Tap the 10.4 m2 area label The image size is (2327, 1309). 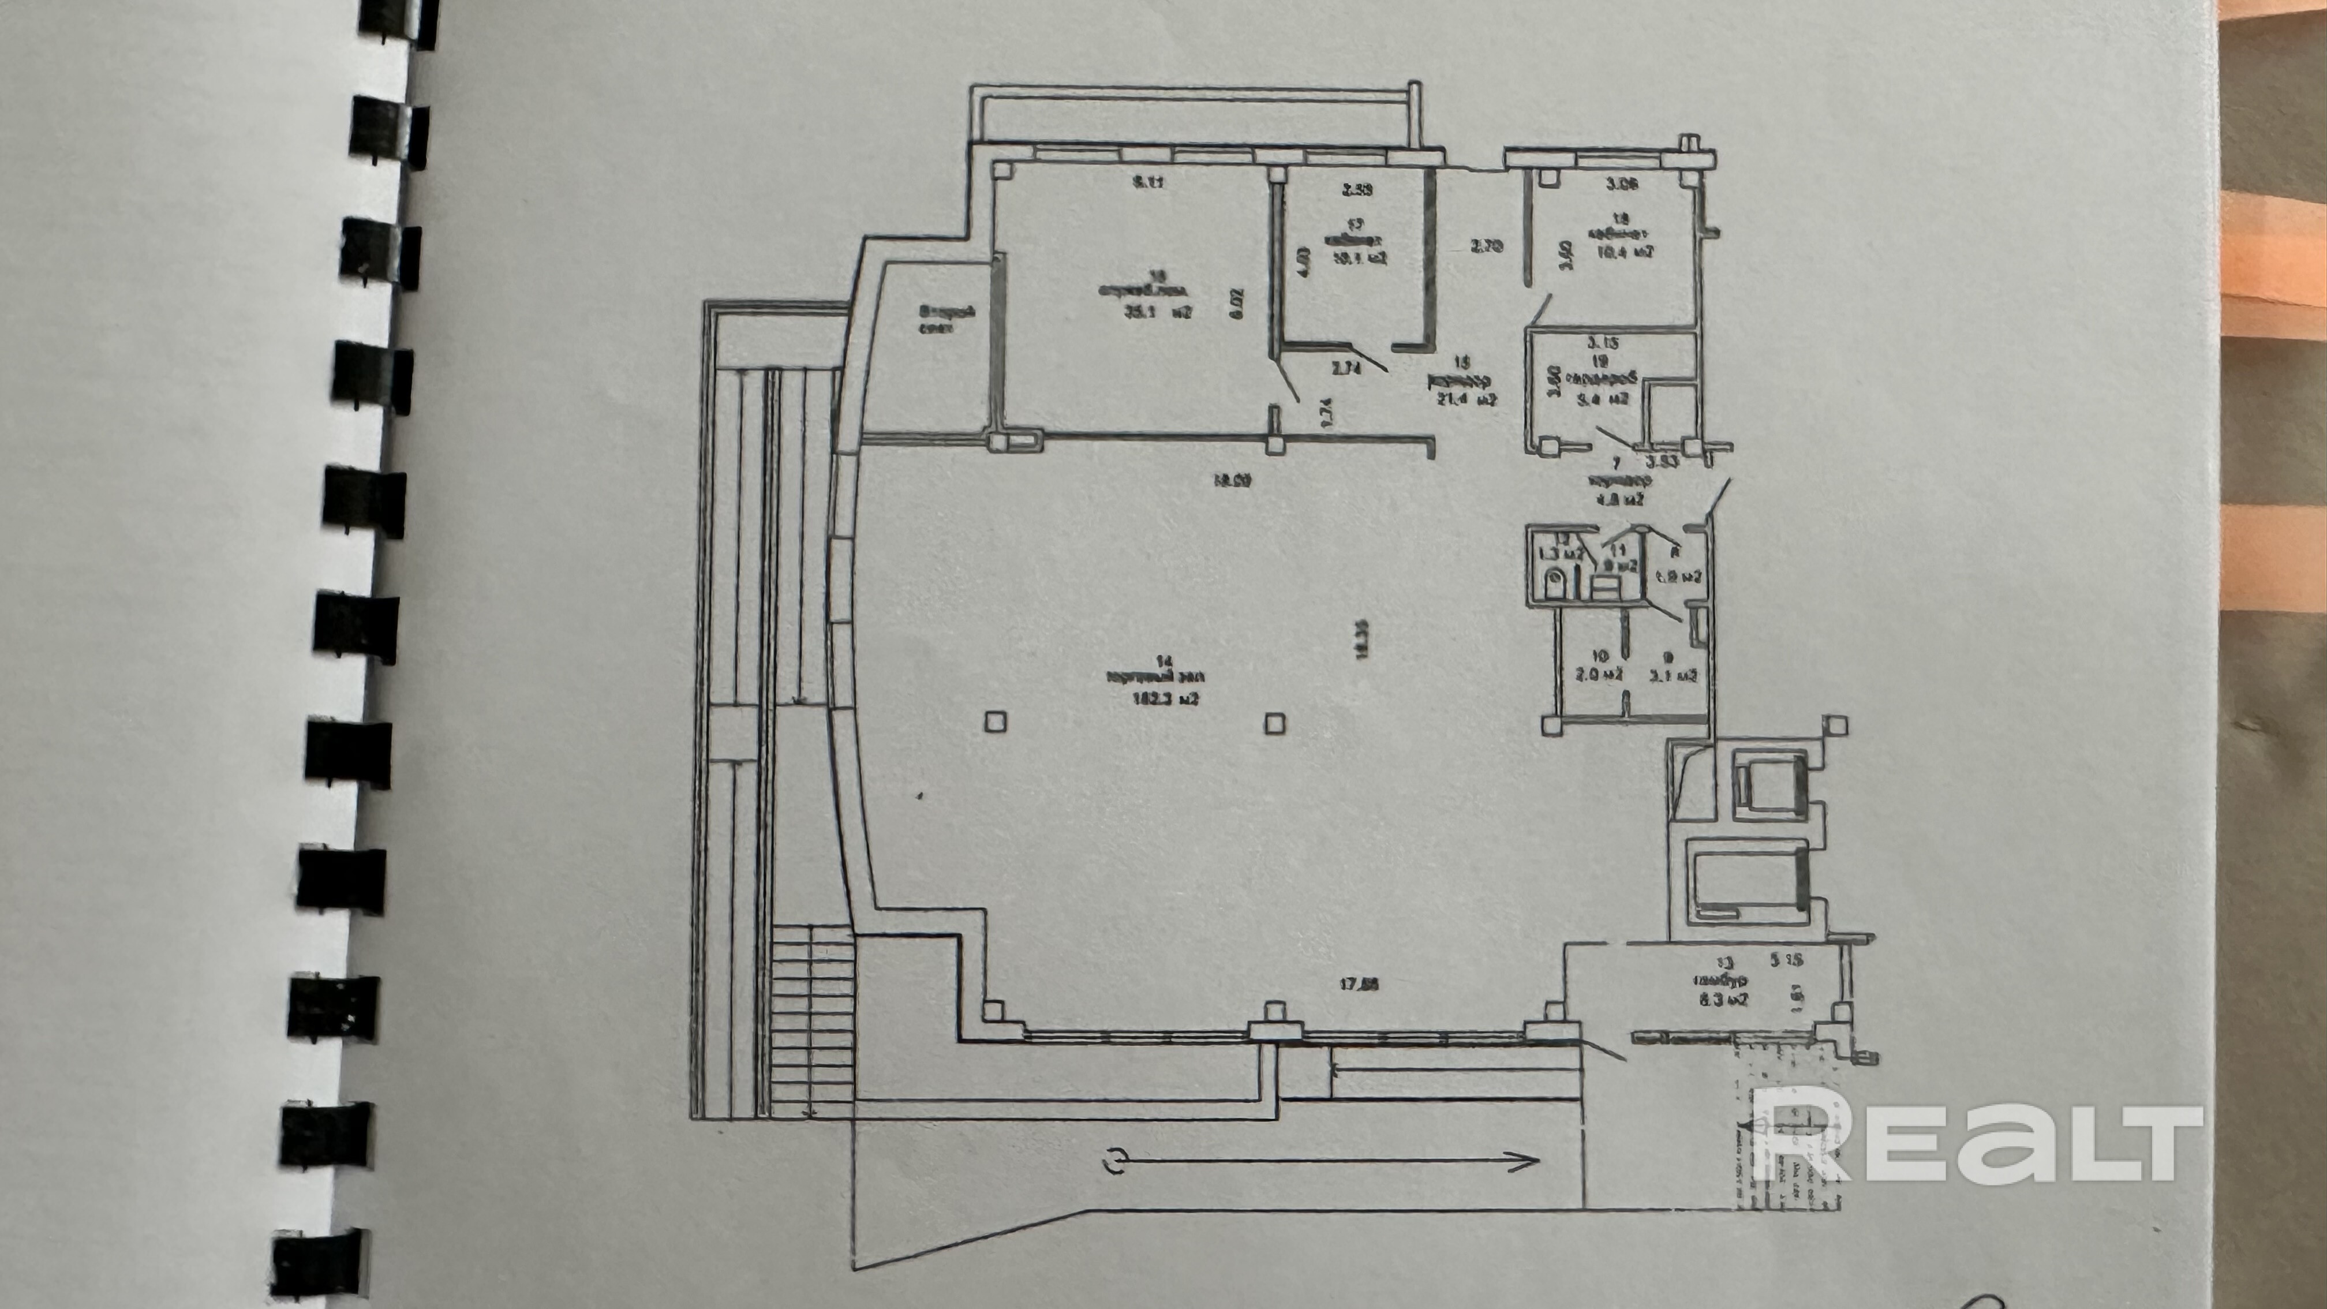pyautogui.click(x=1625, y=253)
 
